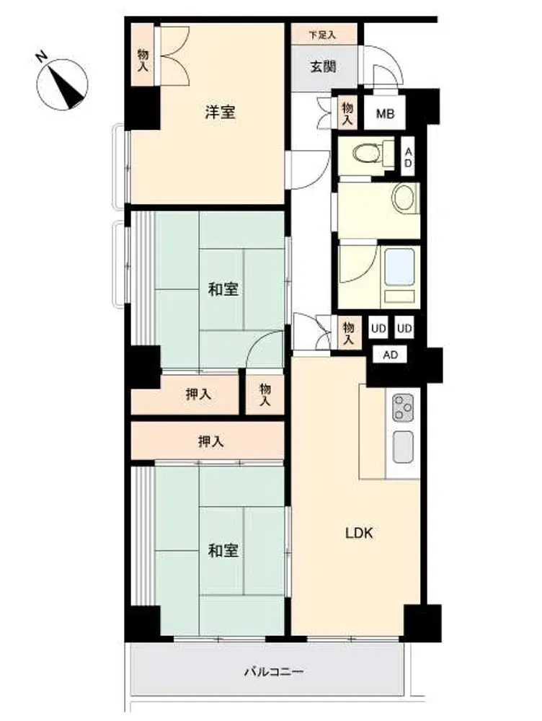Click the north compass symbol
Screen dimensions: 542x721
pyautogui.click(x=61, y=84)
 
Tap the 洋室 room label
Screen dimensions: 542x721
pyautogui.click(x=221, y=112)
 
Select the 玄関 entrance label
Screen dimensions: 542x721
pyautogui.click(x=324, y=66)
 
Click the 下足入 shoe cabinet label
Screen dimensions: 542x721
pyautogui.click(x=323, y=35)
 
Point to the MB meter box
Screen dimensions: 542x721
pyautogui.click(x=386, y=112)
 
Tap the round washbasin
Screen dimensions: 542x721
pyautogui.click(x=404, y=198)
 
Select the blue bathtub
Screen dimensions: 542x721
pyautogui.click(x=399, y=267)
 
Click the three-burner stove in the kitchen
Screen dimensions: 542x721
pyautogui.click(x=403, y=408)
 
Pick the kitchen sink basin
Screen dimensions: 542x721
pyautogui.click(x=403, y=448)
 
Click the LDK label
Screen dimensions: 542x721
pyautogui.click(x=359, y=534)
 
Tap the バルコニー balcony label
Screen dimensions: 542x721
pyautogui.click(x=273, y=672)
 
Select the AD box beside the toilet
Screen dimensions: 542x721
pyautogui.click(x=408, y=156)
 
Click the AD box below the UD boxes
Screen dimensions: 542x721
pyautogui.click(x=391, y=355)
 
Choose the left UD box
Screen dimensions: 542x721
pyautogui.click(x=378, y=328)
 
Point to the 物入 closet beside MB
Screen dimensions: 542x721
pyautogui.click(x=347, y=113)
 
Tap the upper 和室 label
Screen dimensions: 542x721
pyautogui.click(x=223, y=290)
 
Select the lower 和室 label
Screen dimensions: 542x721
pyautogui.click(x=223, y=550)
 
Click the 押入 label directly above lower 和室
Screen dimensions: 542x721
pyautogui.click(x=211, y=442)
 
